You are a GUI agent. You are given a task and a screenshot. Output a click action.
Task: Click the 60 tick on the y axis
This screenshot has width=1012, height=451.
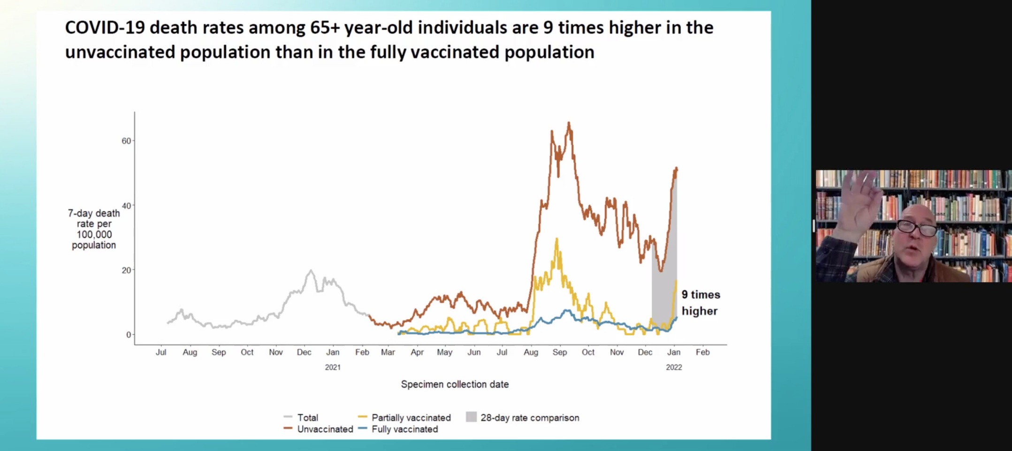126,141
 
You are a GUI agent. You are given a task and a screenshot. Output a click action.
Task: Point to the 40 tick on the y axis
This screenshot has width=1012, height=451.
126,206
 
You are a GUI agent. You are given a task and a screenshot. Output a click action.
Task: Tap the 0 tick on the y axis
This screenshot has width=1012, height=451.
129,335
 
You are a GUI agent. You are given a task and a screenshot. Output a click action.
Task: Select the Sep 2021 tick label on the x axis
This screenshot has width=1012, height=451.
559,352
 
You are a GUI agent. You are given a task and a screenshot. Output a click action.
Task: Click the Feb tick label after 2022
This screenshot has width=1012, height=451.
702,352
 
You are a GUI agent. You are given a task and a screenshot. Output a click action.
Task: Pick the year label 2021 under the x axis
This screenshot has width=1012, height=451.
333,367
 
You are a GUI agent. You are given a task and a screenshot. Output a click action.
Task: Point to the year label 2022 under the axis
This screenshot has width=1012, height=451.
674,367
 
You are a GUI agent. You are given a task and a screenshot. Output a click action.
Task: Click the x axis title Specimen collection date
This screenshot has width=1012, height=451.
455,384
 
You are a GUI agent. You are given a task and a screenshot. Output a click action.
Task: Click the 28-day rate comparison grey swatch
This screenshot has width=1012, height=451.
471,417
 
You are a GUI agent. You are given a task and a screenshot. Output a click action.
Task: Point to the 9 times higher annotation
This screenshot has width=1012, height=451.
700,303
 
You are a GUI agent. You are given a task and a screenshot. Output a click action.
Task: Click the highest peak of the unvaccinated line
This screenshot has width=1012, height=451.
569,123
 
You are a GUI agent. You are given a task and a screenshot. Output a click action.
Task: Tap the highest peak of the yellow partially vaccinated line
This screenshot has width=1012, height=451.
557,239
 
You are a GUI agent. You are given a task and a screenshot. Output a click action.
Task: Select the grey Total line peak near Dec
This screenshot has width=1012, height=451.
311,271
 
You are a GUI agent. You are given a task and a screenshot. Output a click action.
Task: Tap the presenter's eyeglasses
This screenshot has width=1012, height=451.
917,229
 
